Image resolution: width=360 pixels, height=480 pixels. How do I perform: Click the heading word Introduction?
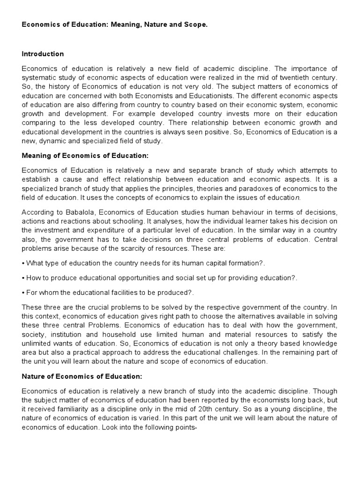tap(43, 54)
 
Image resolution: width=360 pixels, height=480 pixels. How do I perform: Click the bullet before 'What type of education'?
tap(23, 262)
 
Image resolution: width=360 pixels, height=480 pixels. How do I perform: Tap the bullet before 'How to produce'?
tap(23, 277)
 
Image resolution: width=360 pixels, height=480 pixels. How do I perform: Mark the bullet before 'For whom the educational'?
tap(23, 292)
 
